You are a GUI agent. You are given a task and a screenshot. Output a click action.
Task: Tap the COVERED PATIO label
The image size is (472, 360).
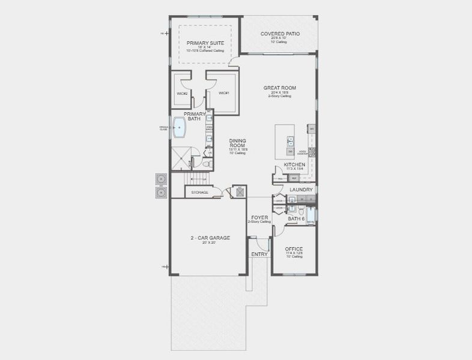pyautogui.click(x=280, y=34)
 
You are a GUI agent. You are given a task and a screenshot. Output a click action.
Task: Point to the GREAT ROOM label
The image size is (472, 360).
pyautogui.click(x=280, y=88)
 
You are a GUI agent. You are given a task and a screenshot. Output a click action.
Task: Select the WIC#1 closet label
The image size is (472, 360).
pyautogui.click(x=224, y=93)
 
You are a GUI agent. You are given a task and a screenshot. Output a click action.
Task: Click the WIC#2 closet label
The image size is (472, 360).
pyautogui.click(x=183, y=93)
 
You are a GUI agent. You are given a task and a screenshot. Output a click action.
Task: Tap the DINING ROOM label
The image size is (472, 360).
pyautogui.click(x=238, y=144)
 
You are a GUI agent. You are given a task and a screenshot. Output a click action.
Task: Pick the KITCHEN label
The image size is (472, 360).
pyautogui.click(x=295, y=164)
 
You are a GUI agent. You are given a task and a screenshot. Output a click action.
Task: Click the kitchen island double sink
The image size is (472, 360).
pyautogui.click(x=290, y=142)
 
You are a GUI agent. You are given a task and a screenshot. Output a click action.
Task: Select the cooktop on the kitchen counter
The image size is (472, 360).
pyautogui.click(x=312, y=152)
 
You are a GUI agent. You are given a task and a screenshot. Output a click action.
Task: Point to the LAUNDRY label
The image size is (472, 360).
pyautogui.click(x=301, y=190)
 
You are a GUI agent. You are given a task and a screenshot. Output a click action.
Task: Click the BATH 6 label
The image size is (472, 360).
pyautogui.click(x=296, y=219)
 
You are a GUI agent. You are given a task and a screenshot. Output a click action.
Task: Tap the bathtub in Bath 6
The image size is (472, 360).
pyautogui.click(x=311, y=216)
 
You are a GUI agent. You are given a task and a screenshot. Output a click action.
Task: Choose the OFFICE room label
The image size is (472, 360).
pyautogui.click(x=294, y=248)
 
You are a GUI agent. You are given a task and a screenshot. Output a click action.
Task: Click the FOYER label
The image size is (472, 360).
pyautogui.click(x=259, y=218)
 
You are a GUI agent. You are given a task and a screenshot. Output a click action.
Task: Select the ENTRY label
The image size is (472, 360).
pyautogui.click(x=259, y=254)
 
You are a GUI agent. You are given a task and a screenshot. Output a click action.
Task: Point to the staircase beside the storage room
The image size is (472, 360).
pyautogui.click(x=196, y=178)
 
